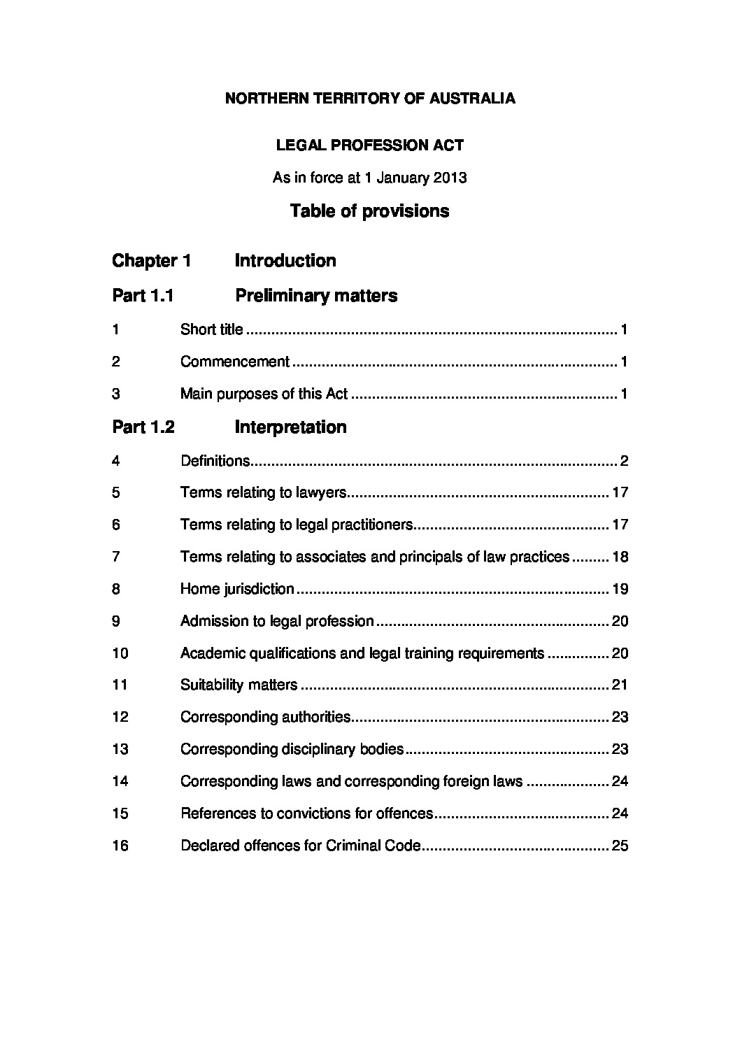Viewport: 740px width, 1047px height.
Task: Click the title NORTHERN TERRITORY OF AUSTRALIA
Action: point(370,99)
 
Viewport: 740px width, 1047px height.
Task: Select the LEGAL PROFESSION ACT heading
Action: point(370,145)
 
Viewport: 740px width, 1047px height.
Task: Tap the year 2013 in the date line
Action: point(450,178)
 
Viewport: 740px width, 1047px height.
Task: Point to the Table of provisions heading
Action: point(370,211)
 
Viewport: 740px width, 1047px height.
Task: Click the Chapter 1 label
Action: point(151,261)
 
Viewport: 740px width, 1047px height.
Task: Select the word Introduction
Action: point(285,261)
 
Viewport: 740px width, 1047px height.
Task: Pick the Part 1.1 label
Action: point(143,296)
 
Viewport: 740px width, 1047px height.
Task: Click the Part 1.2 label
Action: point(143,427)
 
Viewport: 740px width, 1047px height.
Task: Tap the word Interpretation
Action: point(290,427)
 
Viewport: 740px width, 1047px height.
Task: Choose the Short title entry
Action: point(212,329)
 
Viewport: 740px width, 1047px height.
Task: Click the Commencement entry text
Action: point(235,362)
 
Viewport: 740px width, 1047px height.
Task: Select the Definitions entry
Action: point(215,461)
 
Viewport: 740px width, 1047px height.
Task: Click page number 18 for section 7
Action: point(620,557)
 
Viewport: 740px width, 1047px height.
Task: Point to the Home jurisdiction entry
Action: point(237,589)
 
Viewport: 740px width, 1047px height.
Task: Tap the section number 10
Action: point(120,653)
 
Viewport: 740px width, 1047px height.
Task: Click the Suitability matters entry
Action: point(239,685)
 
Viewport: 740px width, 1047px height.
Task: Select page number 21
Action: point(620,685)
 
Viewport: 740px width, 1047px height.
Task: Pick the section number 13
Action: point(120,749)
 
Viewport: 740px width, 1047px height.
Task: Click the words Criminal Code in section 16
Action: point(373,846)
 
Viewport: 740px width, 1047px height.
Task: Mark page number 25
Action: point(620,846)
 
